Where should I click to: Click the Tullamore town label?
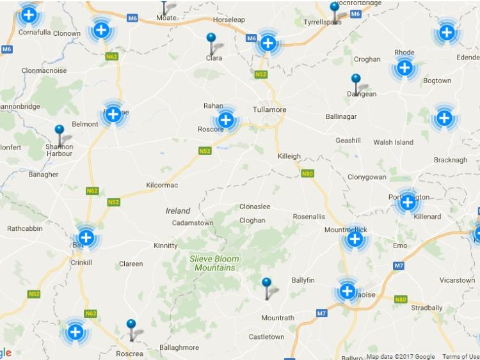[269, 109]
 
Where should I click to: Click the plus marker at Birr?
[86, 237]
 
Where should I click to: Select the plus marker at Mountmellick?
[355, 239]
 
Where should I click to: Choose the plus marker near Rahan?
[225, 119]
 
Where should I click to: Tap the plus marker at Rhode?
[404, 67]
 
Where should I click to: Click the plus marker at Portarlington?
[407, 203]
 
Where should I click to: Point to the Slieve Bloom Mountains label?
[214, 263]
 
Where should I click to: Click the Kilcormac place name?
[162, 185]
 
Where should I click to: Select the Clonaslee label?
[255, 207]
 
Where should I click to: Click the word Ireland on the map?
[178, 211]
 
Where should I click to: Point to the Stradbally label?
[427, 308]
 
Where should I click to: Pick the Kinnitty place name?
[166, 246]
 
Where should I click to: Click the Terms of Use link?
[461, 357]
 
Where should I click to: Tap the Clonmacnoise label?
[44, 70]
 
